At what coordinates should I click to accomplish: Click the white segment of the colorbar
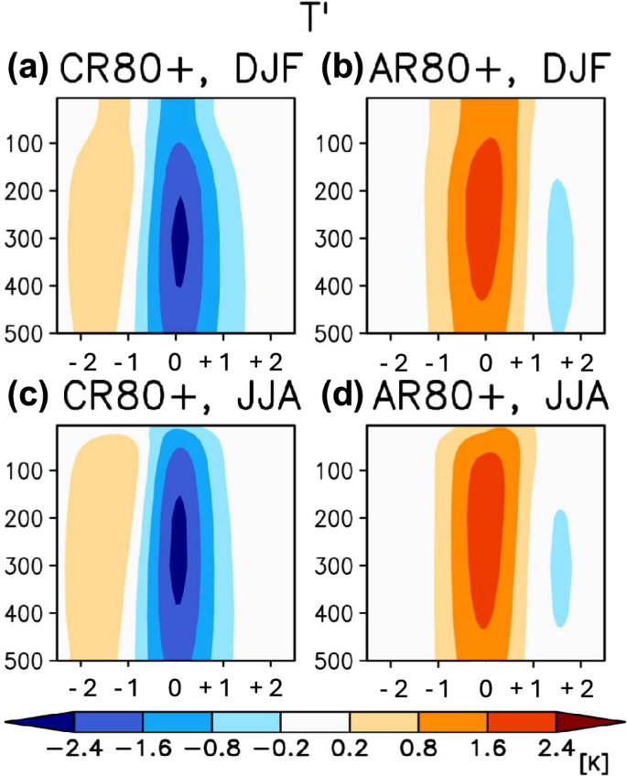click(315, 722)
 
